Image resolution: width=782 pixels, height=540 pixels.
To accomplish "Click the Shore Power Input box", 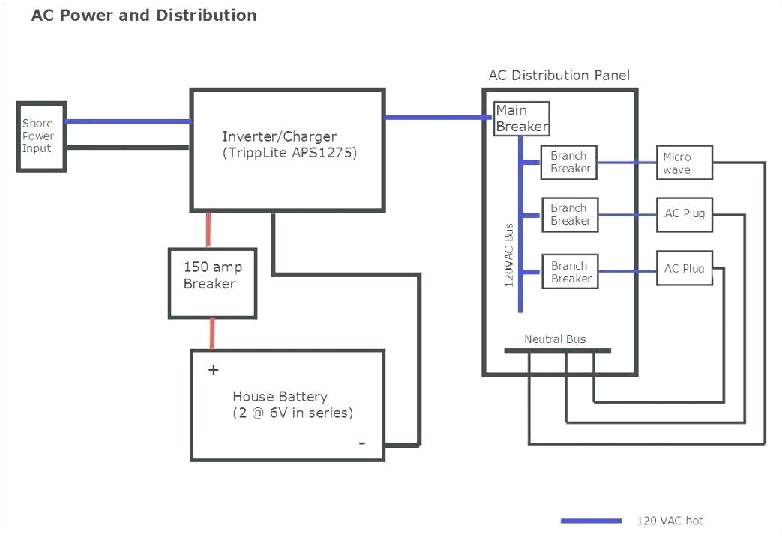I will (41, 136).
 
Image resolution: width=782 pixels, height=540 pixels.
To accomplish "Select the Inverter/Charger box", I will (288, 150).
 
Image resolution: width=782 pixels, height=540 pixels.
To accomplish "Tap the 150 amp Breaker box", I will (212, 283).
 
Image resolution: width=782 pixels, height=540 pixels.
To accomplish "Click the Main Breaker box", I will (521, 118).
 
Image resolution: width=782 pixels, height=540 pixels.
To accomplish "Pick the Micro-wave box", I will (684, 163).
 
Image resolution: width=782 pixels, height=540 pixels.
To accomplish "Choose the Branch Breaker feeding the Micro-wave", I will (569, 163).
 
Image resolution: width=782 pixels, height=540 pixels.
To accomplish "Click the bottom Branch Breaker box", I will (570, 272).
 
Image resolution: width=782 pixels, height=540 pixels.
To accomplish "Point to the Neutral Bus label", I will (555, 339).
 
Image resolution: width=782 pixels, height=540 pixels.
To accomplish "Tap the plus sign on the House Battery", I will (214, 370).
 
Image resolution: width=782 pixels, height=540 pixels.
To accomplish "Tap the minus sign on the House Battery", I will (362, 443).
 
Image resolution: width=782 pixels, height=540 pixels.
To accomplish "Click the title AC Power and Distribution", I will (144, 15).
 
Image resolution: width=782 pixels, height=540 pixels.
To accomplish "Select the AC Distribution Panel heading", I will (559, 75).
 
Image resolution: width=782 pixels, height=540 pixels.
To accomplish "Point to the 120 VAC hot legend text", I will (670, 521).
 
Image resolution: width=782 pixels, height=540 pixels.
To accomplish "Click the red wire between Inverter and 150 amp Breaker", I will (208, 229).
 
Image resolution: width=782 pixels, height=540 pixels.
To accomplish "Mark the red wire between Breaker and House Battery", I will (212, 333).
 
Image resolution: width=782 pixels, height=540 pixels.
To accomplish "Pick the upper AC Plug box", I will (684, 214).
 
